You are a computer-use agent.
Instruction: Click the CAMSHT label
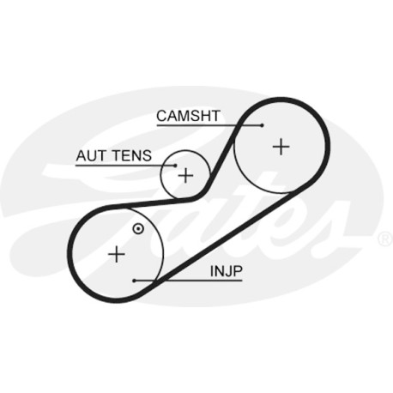(188, 116)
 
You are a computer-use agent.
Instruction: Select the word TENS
(132, 155)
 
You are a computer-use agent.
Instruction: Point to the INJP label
(227, 271)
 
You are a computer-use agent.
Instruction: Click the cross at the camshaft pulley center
(281, 147)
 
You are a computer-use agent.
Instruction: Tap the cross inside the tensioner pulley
(185, 175)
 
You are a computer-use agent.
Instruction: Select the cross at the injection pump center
(117, 254)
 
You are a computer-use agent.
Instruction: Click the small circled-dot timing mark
(138, 228)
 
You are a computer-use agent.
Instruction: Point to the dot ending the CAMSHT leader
(262, 125)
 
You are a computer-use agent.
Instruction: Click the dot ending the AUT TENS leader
(176, 166)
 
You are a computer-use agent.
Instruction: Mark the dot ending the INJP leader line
(134, 281)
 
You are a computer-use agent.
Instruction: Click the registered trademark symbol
(385, 239)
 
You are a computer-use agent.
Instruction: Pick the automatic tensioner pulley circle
(160, 175)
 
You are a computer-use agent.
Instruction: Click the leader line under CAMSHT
(209, 125)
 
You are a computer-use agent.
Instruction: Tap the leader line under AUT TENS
(125, 166)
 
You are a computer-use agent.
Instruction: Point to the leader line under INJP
(188, 281)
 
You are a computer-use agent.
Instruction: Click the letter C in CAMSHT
(161, 116)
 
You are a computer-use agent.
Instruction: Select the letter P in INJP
(238, 271)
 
